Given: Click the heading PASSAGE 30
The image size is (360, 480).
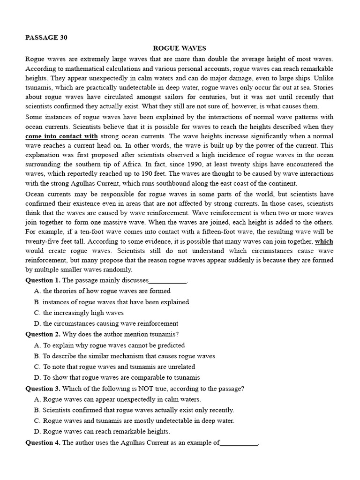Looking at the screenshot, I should (46, 38).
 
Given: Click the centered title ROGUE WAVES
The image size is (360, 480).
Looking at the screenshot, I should (180, 48).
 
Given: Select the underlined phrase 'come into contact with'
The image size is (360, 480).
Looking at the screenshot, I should (61, 136).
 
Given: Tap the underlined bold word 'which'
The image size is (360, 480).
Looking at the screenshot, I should (324, 241).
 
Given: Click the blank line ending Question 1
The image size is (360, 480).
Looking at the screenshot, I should (167, 281).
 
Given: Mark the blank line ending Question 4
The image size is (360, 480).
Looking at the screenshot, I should (239, 443).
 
